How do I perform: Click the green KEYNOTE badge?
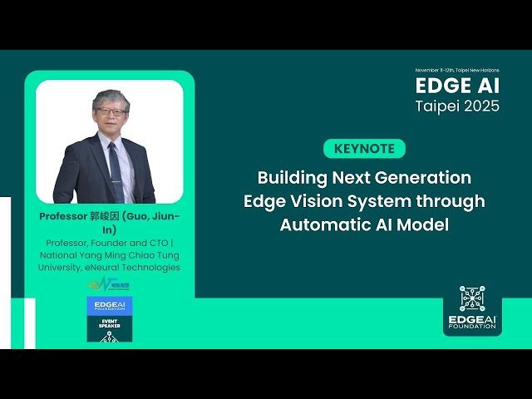click(x=365, y=149)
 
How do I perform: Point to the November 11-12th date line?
click(x=458, y=70)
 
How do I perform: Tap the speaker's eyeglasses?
click(x=110, y=111)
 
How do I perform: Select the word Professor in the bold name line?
click(x=63, y=216)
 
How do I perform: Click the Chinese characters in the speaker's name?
click(x=106, y=216)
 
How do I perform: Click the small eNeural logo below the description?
click(x=109, y=284)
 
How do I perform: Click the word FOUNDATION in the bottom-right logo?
click(x=471, y=327)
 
